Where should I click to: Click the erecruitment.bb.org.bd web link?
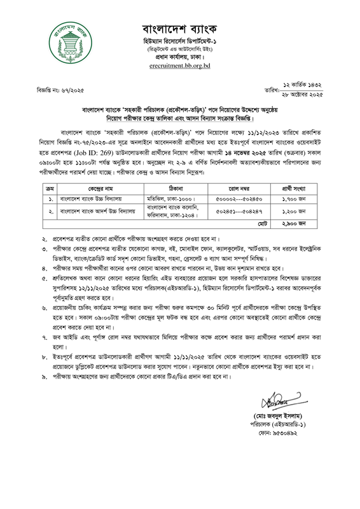point(180,65)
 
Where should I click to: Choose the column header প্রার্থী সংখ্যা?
point(302,171)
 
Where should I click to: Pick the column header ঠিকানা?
point(174,171)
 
